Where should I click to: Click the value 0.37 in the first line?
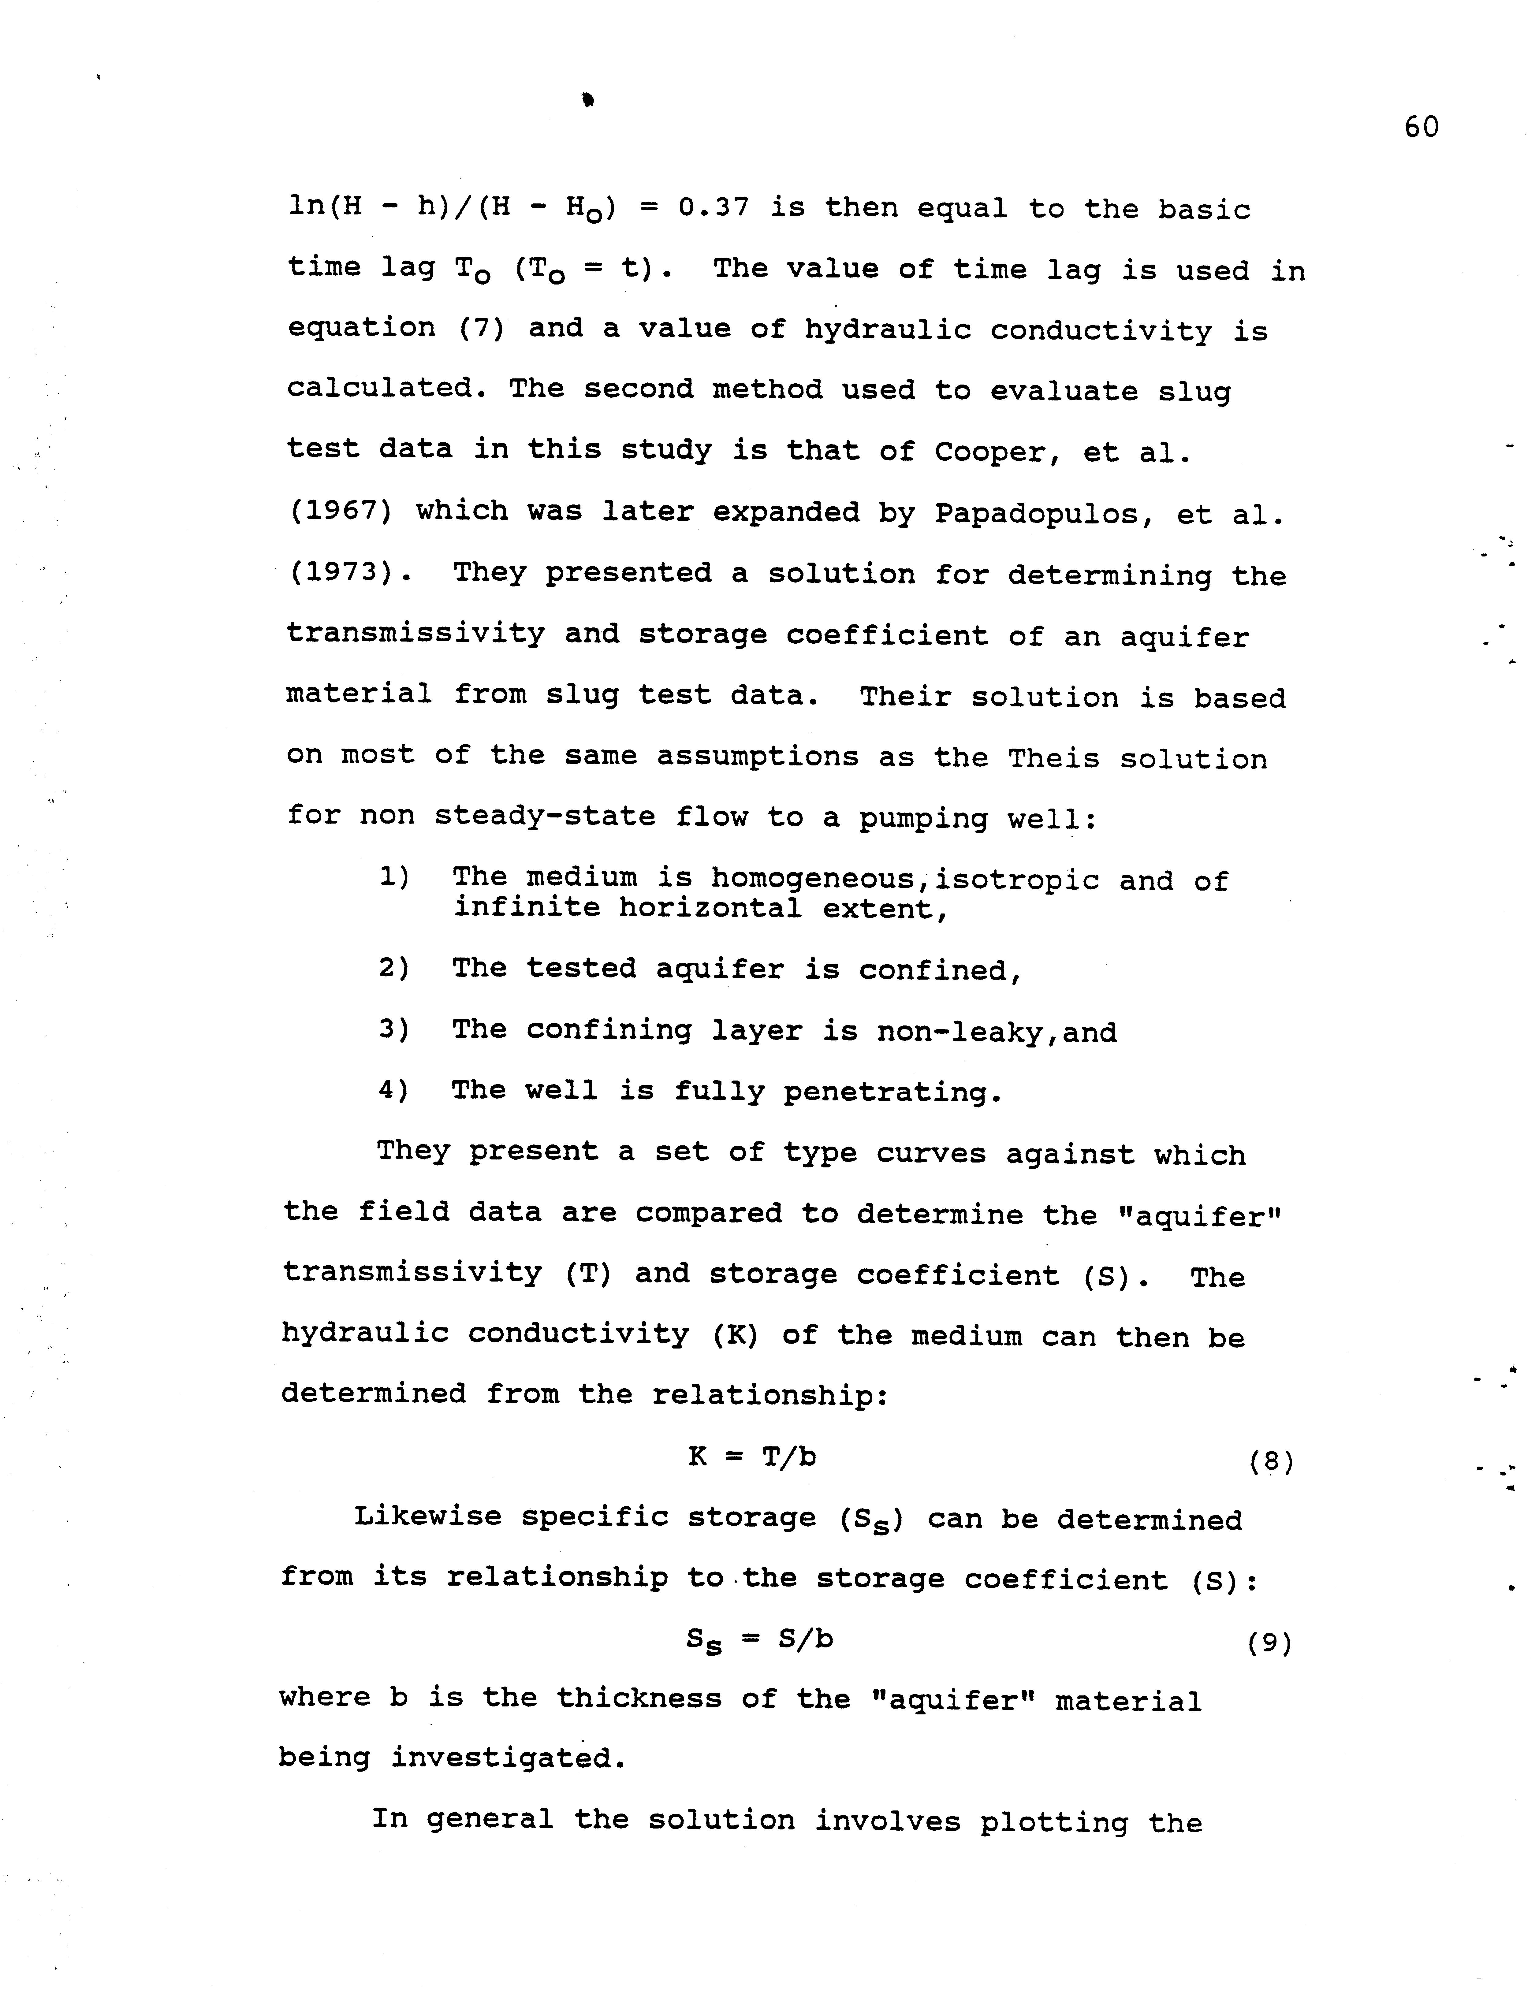[x=714, y=209]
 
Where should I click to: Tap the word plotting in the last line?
[x=1053, y=1821]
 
